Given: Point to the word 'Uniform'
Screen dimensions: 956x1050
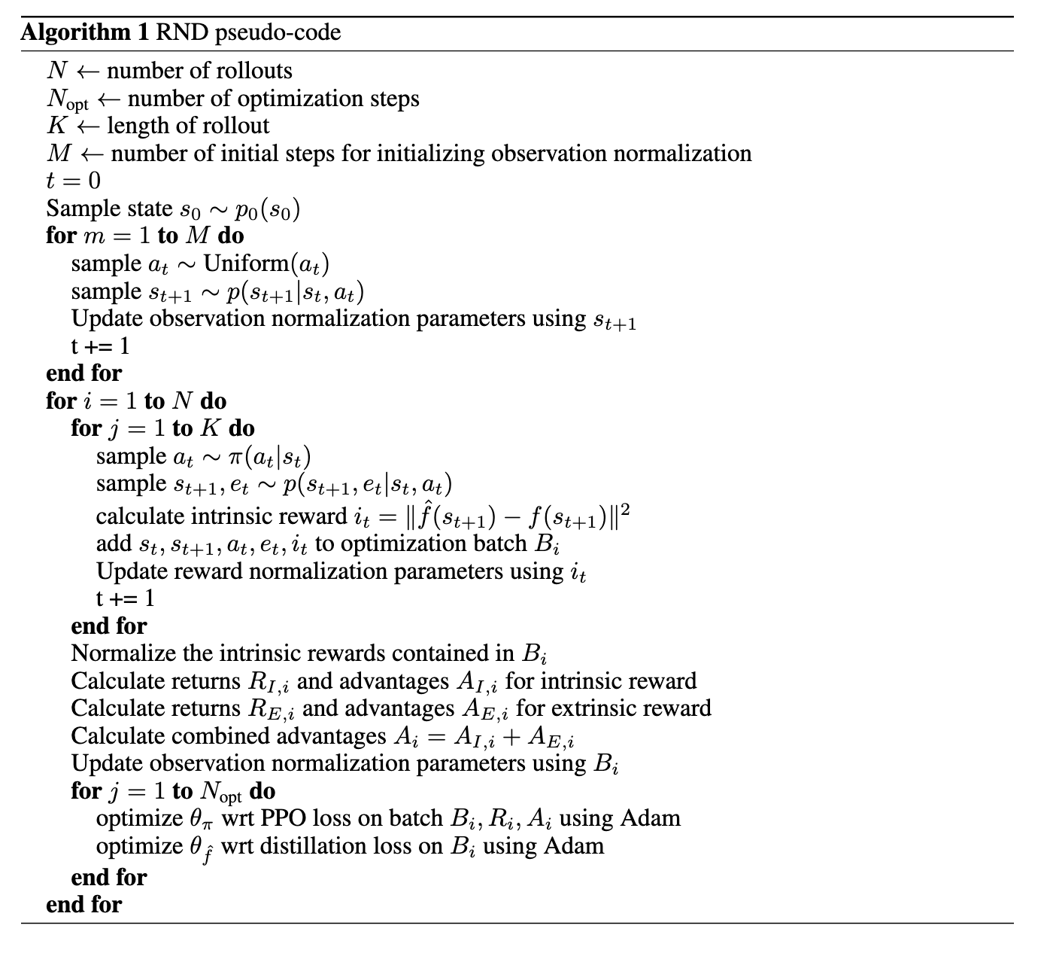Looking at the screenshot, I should (x=246, y=263).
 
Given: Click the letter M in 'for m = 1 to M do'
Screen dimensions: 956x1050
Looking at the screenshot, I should (x=196, y=236).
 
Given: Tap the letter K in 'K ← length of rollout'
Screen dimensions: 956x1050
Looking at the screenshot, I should (x=57, y=126).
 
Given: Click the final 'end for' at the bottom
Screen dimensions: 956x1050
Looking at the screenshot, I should (x=83, y=904).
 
